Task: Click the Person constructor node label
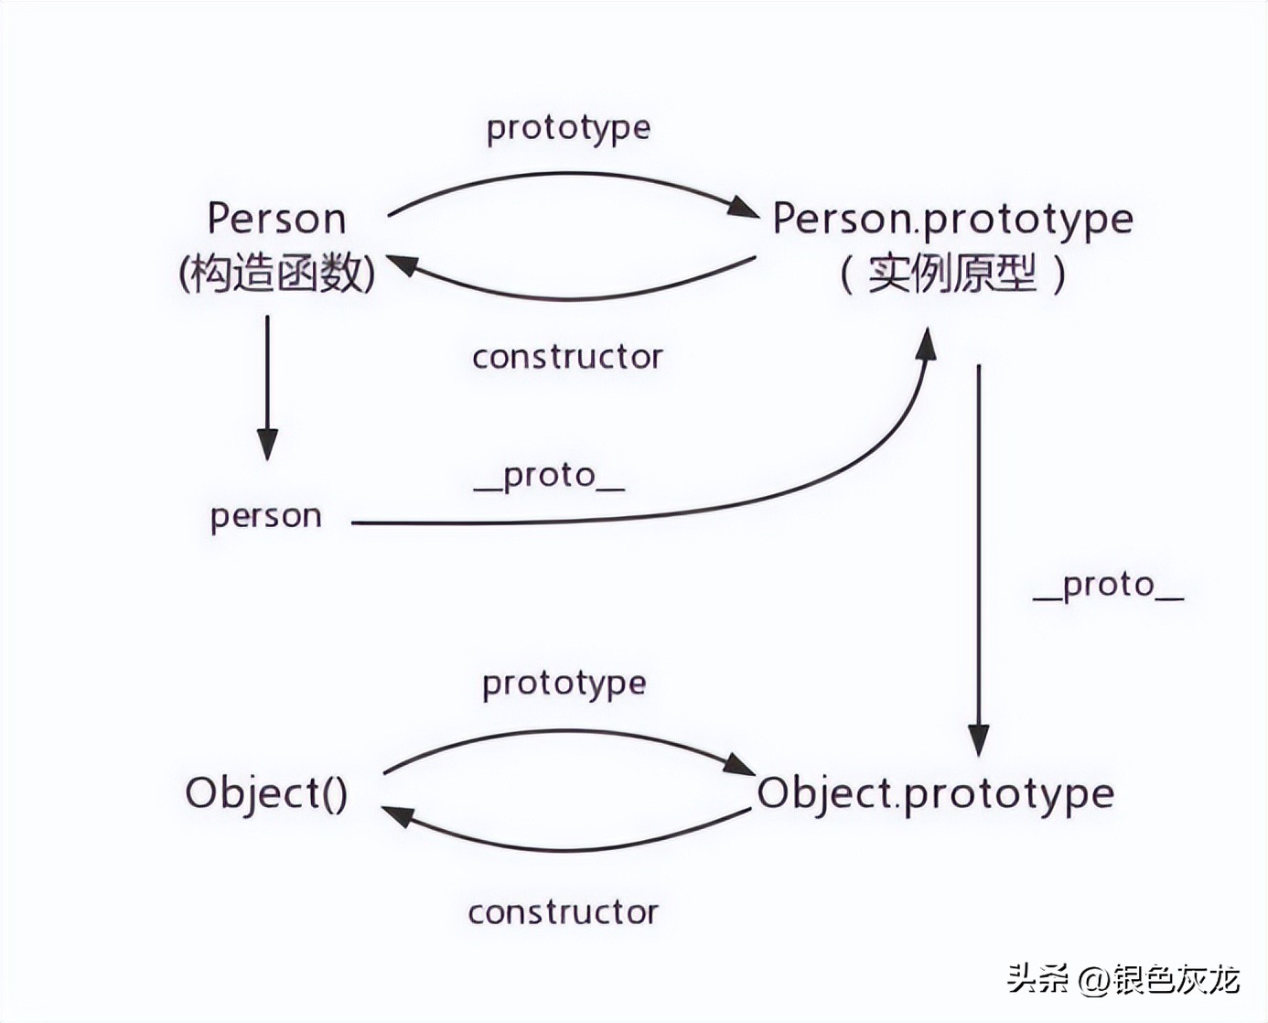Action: tap(276, 220)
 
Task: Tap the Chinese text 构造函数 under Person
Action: tap(276, 273)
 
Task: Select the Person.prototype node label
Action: tap(952, 220)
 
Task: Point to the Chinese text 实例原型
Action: tap(952, 273)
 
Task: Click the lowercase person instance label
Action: tap(266, 516)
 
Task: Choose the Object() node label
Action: tap(266, 792)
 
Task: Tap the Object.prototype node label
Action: tap(935, 793)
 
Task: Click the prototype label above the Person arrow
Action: tap(568, 128)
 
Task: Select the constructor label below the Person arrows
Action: tap(567, 357)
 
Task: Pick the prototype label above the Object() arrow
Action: tap(564, 684)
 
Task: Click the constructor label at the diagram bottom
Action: tap(563, 912)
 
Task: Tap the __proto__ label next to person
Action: tap(549, 476)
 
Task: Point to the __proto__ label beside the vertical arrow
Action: tap(1108, 585)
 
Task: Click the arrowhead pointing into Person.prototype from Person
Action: tap(743, 208)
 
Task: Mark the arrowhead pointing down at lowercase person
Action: tap(267, 444)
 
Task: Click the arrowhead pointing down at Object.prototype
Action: tap(979, 739)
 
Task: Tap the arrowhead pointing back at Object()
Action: tap(397, 814)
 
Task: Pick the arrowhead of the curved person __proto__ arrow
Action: tap(927, 345)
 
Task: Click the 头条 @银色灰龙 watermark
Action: tap(1123, 980)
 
